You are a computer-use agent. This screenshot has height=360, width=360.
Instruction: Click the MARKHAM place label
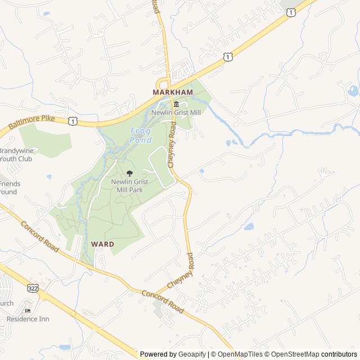pos(173,92)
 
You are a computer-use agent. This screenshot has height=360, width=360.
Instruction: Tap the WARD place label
pos(102,244)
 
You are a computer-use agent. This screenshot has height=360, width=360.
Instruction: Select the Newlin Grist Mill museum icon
pos(176,104)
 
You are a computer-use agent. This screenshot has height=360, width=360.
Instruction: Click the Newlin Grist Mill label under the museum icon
pos(176,112)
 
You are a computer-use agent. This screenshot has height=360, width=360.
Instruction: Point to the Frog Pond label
pos(141,135)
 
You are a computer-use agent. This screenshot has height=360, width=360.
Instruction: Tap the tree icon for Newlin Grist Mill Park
pos(130,173)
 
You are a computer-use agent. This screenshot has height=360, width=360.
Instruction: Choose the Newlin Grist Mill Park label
pos(130,186)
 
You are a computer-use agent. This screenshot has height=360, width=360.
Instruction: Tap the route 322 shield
pos(32,287)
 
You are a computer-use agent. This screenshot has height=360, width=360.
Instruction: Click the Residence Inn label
pos(28,319)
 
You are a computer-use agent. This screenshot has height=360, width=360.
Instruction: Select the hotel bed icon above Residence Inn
pos(28,310)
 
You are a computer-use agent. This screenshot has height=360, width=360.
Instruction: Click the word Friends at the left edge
pos(10,184)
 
